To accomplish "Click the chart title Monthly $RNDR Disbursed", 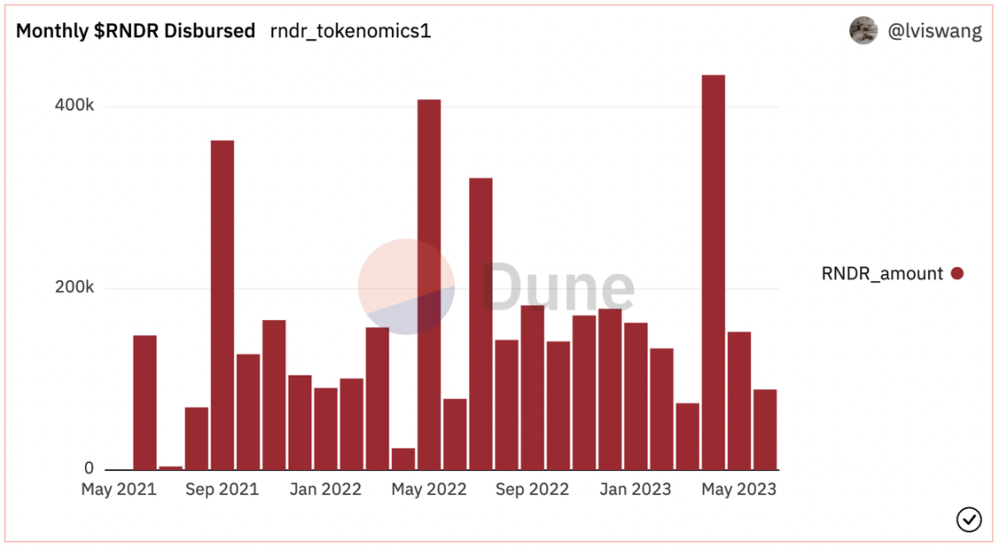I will click(135, 31).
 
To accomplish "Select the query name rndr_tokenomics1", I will click(350, 31).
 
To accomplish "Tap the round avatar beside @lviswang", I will click(863, 31).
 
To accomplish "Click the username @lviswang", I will click(935, 32).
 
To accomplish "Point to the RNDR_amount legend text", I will click(882, 274).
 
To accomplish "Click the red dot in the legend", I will click(957, 274).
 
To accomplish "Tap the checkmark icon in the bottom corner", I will click(969, 519).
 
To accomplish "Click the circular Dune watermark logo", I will click(406, 286).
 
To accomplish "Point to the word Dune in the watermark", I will click(558, 288).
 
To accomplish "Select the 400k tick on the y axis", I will click(75, 106).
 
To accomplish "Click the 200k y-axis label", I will click(75, 288).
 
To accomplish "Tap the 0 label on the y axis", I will click(88, 469).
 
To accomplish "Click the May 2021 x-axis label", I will click(119, 490).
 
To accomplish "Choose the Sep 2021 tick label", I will click(222, 490).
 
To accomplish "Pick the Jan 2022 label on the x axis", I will click(325, 490).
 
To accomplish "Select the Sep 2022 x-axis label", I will click(532, 490).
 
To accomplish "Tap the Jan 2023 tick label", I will click(636, 490).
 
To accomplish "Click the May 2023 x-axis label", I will click(739, 490).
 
